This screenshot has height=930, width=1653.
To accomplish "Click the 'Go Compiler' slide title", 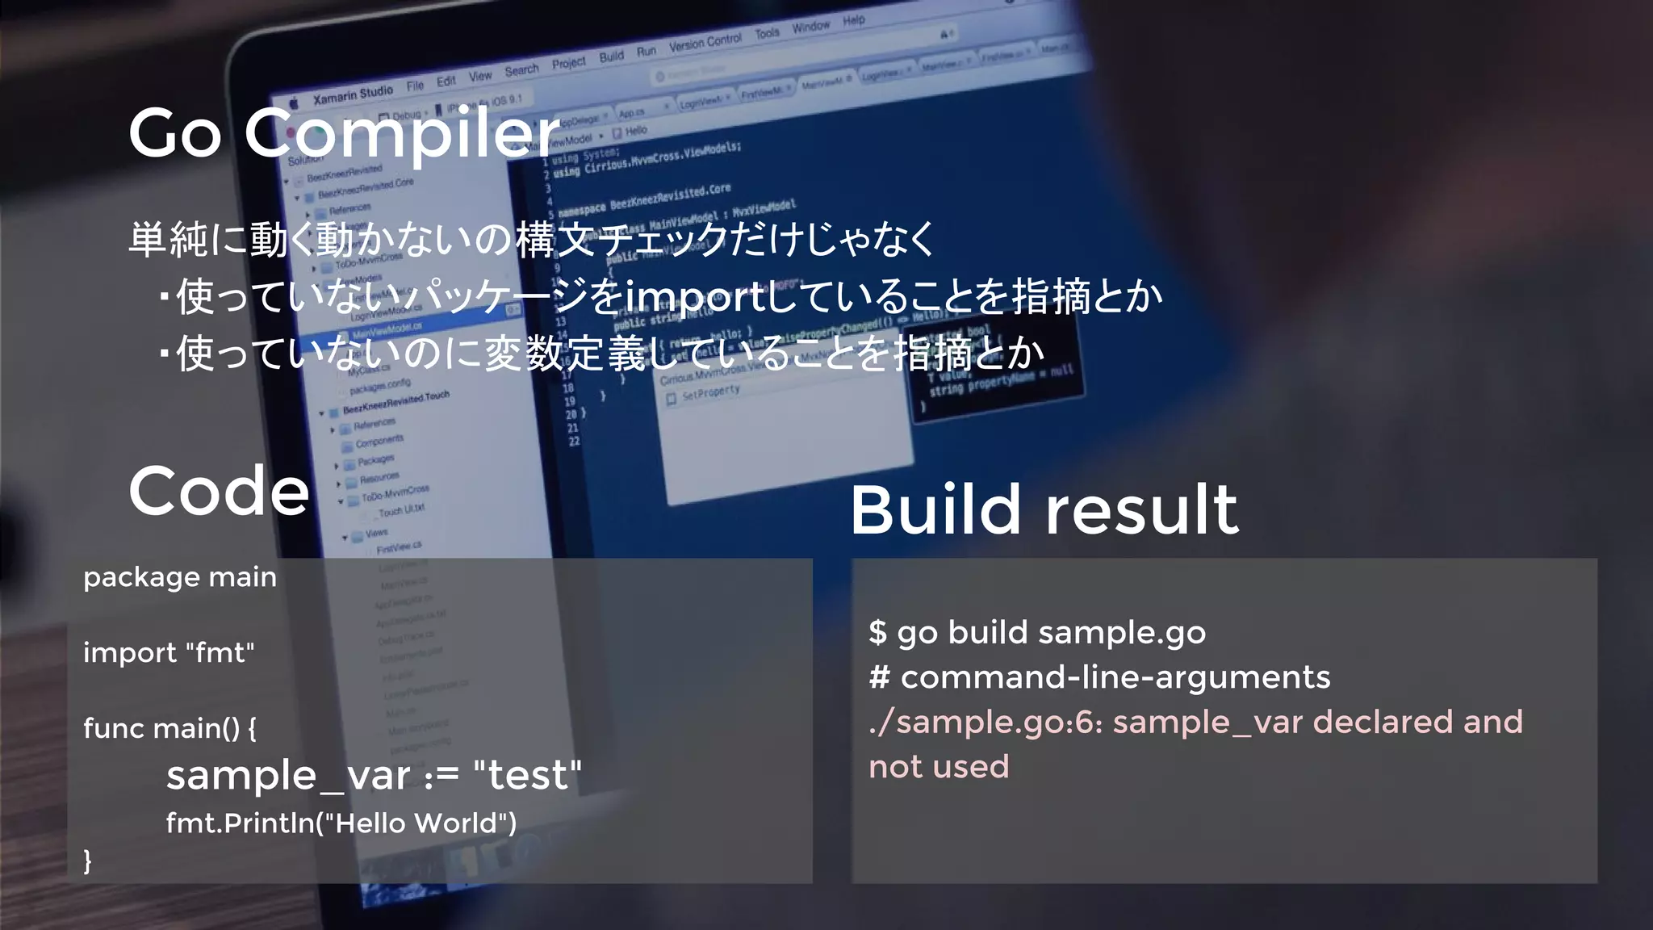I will coord(344,133).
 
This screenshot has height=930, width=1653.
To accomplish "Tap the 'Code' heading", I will coord(219,491).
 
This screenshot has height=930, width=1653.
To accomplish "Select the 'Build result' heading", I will coord(1044,509).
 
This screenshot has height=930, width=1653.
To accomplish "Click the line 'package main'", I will coord(180,577).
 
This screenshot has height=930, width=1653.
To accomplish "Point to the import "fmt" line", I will coord(169,652).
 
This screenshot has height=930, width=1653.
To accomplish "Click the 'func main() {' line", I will coord(170,728).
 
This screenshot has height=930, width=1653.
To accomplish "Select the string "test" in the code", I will coord(527,775).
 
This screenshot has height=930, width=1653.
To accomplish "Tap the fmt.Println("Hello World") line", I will coord(341,823).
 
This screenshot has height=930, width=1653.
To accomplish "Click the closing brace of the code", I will coord(88,861).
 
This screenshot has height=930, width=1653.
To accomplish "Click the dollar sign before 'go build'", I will coord(877,632).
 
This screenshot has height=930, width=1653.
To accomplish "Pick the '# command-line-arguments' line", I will coord(1099,677).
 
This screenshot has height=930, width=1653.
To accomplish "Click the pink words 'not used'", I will coord(939,767).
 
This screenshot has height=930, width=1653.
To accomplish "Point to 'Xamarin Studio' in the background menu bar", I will coord(353,94).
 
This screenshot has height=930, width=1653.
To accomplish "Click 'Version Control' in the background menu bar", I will coord(705,42).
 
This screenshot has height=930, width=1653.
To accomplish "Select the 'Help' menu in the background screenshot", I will coord(853,20).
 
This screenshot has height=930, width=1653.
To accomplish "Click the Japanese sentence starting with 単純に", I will coord(531,240).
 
